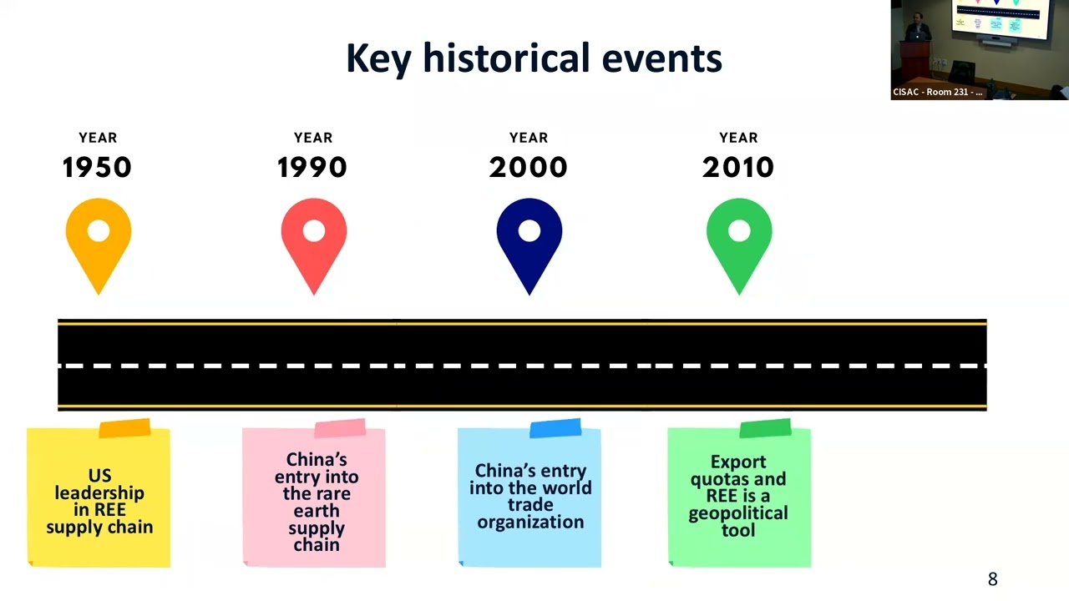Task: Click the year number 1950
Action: [97, 168]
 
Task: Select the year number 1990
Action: [312, 168]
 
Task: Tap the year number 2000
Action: [529, 168]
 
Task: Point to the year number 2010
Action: [738, 168]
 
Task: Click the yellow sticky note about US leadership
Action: [99, 496]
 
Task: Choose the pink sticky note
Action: [314, 496]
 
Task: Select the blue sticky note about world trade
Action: [529, 496]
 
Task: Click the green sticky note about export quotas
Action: [739, 496]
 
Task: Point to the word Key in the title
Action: [378, 58]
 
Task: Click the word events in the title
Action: [662, 59]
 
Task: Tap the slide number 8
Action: [993, 579]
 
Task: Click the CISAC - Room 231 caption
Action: [938, 92]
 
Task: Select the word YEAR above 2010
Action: [738, 138]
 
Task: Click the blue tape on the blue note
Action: [555, 428]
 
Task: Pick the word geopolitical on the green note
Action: [738, 513]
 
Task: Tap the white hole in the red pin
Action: [314, 231]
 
